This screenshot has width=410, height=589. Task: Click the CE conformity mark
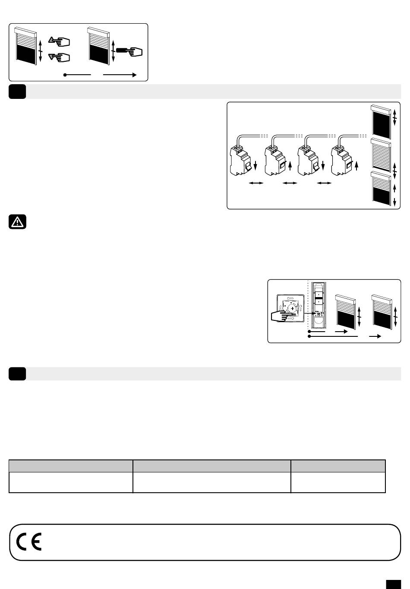click(29, 542)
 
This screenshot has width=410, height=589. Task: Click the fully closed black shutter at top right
click(382, 117)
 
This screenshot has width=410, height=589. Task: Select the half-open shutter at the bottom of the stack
click(382, 188)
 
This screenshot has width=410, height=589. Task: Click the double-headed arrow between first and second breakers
click(255, 184)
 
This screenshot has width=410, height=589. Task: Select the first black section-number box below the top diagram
click(17, 92)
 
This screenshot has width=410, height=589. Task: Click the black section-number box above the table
click(17, 374)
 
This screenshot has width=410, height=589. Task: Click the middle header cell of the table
click(211, 466)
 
